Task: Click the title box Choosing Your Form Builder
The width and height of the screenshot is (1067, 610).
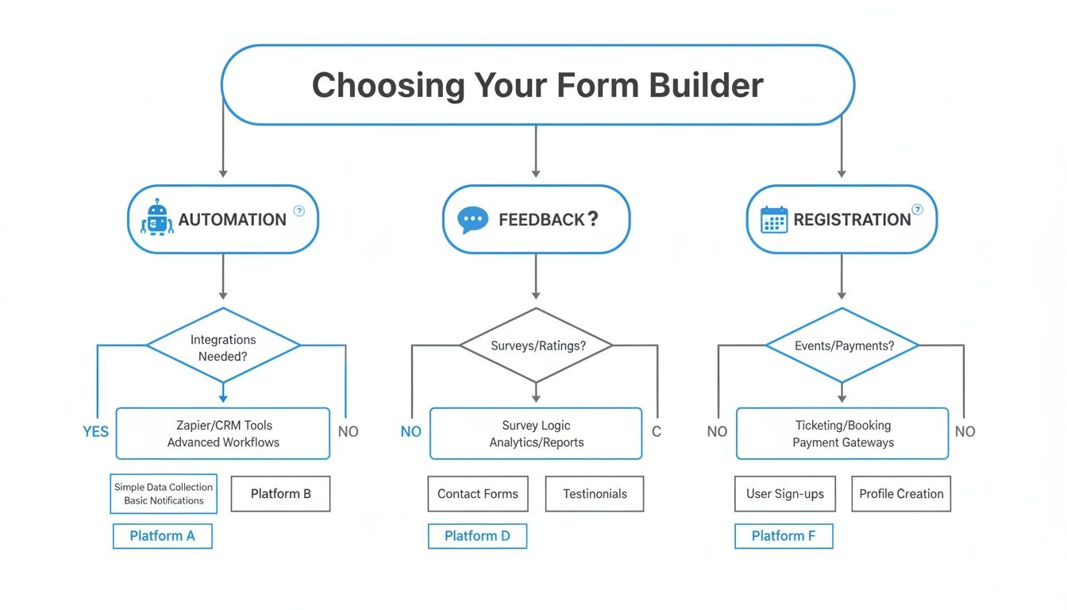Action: tap(537, 85)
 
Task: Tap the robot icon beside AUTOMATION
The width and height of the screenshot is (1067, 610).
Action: tap(156, 218)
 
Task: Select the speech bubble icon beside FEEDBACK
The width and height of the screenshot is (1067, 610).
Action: tap(473, 219)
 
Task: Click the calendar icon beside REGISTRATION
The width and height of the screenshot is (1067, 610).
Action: tap(773, 219)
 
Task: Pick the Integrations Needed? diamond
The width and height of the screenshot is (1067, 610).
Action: tap(223, 347)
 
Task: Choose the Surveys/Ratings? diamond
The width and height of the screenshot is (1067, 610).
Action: tap(536, 346)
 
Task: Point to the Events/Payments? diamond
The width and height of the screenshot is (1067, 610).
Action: tap(842, 346)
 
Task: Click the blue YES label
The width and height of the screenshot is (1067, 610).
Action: tap(95, 431)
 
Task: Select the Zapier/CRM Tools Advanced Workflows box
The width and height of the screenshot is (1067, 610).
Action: tap(223, 434)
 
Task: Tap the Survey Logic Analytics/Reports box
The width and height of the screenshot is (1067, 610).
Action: tap(536, 434)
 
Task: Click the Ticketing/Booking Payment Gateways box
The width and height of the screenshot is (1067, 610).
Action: tap(842, 434)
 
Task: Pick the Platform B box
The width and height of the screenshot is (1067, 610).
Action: tap(280, 493)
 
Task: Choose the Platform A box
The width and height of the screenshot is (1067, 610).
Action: tap(162, 536)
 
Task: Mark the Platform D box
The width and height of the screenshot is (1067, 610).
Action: tap(477, 536)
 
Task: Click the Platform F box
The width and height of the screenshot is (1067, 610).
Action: tap(784, 536)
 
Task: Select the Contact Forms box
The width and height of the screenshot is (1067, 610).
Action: tap(477, 493)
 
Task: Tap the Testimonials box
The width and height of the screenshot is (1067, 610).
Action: tap(595, 493)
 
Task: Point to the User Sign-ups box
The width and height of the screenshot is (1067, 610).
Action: tap(784, 493)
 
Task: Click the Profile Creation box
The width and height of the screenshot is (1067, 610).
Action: tap(901, 493)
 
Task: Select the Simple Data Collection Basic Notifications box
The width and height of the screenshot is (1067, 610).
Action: tap(163, 493)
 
